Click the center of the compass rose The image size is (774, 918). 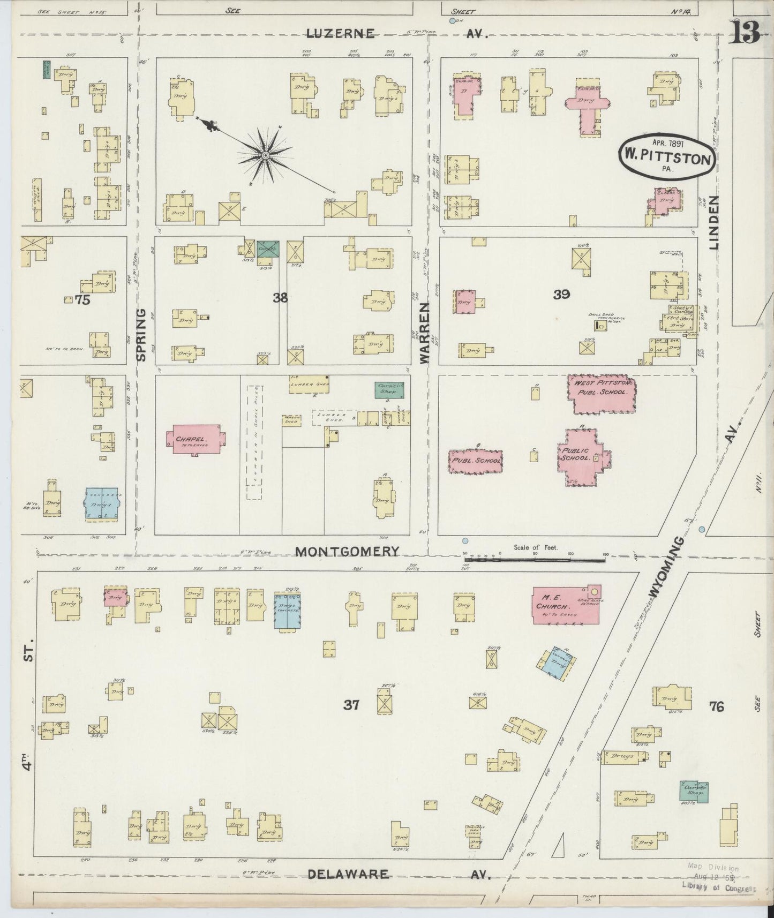pyautogui.click(x=265, y=156)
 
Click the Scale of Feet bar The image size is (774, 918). pyautogui.click(x=534, y=560)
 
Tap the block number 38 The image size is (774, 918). pyautogui.click(x=280, y=298)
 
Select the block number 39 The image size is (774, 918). pyautogui.click(x=561, y=294)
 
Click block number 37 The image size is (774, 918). pyautogui.click(x=351, y=705)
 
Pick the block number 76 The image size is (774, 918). pyautogui.click(x=716, y=706)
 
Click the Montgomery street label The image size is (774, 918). pyautogui.click(x=348, y=551)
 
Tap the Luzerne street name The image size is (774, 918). pyautogui.click(x=340, y=34)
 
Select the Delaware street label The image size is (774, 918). pyautogui.click(x=348, y=874)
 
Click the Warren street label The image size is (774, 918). pyautogui.click(x=425, y=333)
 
